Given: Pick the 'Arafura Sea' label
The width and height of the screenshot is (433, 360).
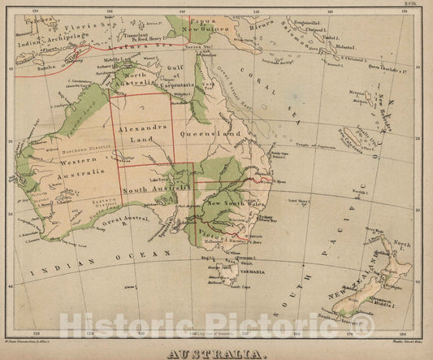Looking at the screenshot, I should [x=135, y=49].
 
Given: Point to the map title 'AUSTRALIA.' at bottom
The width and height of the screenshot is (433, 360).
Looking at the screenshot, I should [x=216, y=353].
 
